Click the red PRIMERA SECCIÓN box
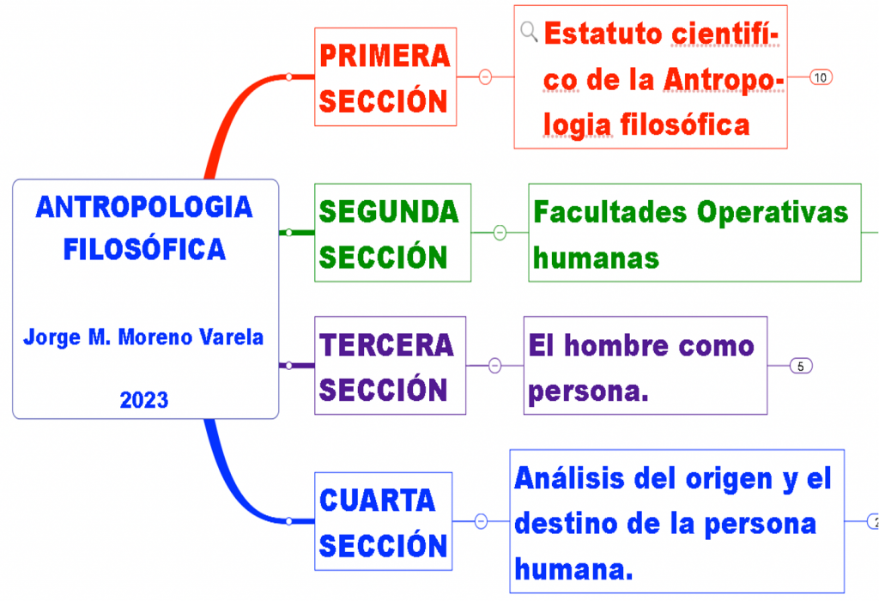[x=384, y=77]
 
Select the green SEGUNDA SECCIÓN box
[x=391, y=233]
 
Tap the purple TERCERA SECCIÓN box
[x=390, y=366]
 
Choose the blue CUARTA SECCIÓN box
[x=383, y=521]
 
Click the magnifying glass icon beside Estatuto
[x=530, y=32]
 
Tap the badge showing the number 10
[x=820, y=77]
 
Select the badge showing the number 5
[x=800, y=367]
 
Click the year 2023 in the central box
[x=144, y=400]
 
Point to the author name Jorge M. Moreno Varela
[x=143, y=337]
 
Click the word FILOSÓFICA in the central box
[x=144, y=249]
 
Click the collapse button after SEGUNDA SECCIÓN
[x=500, y=233]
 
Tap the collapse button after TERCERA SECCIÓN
[x=494, y=366]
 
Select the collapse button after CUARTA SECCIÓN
[x=481, y=521]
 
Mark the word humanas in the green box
[x=596, y=257]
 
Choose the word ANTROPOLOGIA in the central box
[x=144, y=207]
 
